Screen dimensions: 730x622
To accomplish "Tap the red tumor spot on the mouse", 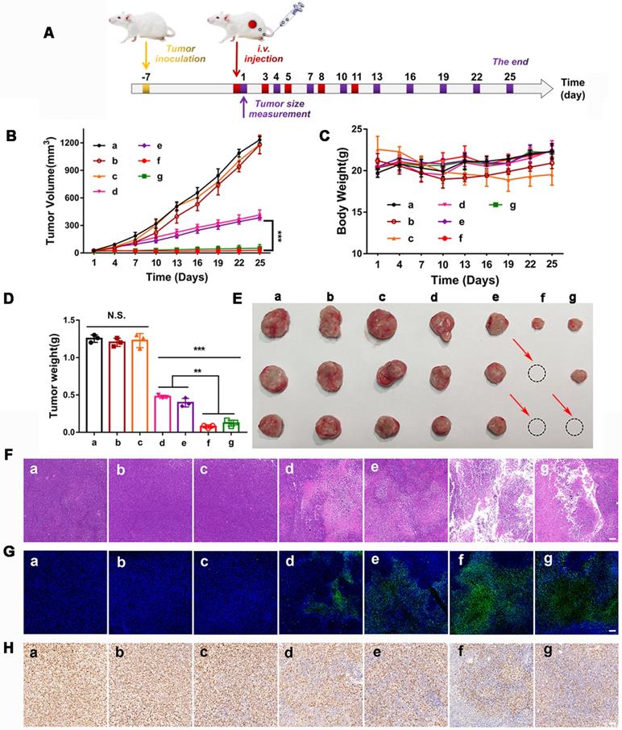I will point(252,24).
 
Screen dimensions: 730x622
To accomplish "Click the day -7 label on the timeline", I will point(145,76).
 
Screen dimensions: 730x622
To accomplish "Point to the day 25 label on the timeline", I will point(509,76).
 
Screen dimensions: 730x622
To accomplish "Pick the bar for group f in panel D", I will point(209,429).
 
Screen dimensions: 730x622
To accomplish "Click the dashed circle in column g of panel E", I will point(574,428).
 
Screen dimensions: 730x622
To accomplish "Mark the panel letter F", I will point(9,455).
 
